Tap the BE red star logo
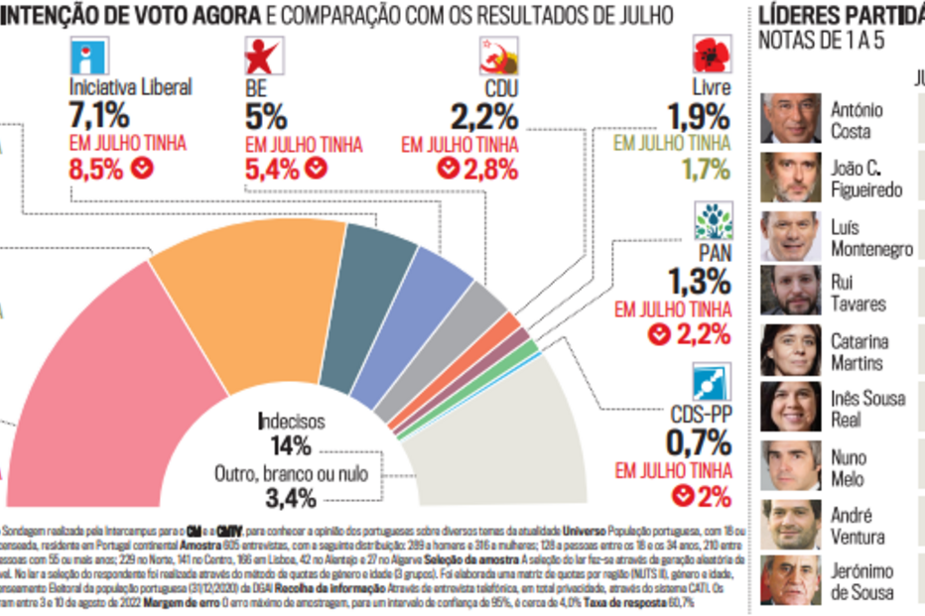coord(265,56)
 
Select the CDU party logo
coord(497,56)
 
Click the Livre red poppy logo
coord(711,56)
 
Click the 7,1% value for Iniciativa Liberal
coord(98,114)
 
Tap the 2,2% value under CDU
coord(484,116)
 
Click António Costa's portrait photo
coord(791,119)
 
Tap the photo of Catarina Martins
coord(791,350)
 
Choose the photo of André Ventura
coord(791,525)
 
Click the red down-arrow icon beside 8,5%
coord(143,169)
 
